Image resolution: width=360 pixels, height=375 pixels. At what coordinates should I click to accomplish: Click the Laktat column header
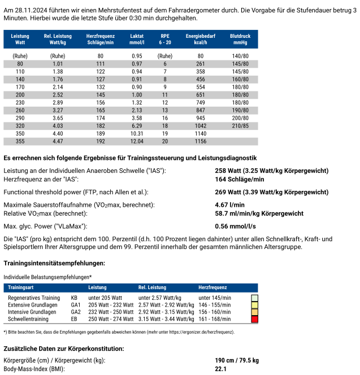coord(136,39)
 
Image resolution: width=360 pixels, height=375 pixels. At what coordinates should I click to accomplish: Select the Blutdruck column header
coord(240,39)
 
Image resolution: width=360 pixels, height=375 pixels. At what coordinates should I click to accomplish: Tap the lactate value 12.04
coord(137,141)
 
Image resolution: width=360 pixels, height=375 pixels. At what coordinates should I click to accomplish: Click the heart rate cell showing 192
coord(100,141)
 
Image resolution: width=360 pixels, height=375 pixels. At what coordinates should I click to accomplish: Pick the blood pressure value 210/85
coord(240,125)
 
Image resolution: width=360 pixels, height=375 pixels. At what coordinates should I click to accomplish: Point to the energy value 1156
coord(201,141)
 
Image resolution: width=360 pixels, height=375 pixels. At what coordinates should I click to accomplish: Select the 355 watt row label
coord(20,141)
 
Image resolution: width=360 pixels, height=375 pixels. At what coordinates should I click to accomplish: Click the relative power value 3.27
coord(58,110)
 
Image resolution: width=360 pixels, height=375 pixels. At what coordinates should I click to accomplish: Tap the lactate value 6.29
coord(137,125)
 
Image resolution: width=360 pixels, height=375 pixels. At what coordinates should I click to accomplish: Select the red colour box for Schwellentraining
coord(254,319)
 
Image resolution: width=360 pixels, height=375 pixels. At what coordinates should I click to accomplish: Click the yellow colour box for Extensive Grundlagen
coord(254,304)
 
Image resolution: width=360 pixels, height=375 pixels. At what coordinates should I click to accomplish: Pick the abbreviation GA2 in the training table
coord(76,312)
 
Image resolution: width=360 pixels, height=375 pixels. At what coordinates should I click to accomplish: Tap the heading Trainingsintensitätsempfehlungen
coord(54,263)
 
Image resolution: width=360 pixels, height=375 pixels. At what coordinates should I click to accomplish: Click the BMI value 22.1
coord(221,369)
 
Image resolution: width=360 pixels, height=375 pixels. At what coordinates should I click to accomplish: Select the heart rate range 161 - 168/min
coord(215,319)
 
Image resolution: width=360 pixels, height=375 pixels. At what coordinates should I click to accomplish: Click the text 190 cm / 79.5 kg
coord(237,360)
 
